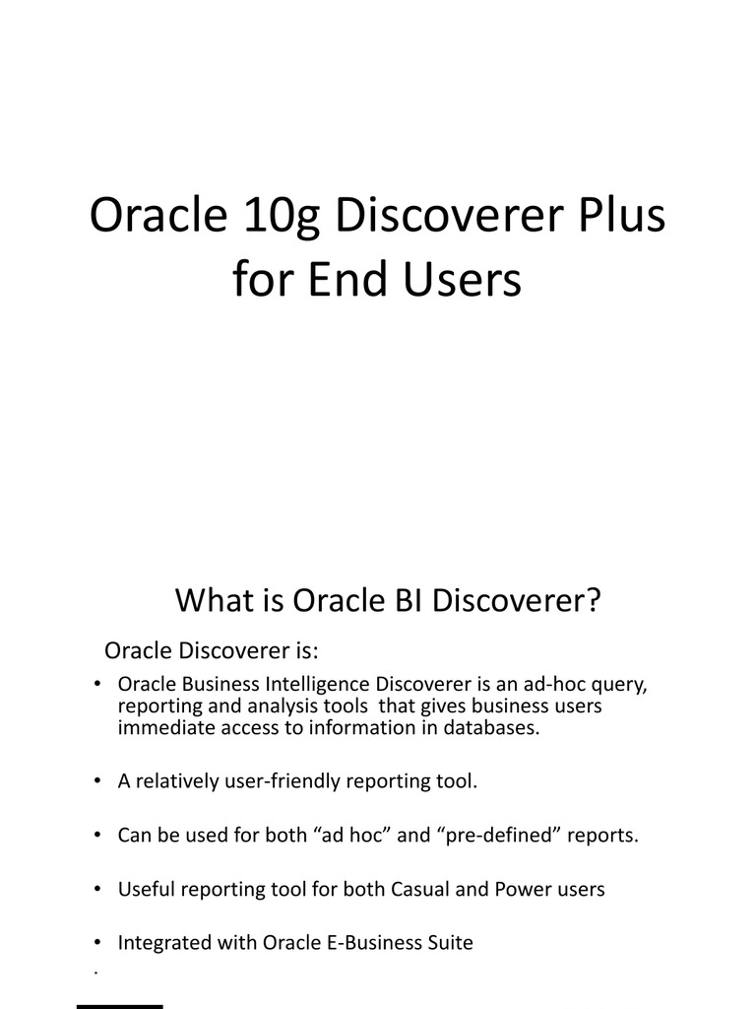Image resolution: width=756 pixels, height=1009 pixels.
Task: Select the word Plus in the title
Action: [617, 216]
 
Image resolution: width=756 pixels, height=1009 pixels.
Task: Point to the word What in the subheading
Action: [211, 600]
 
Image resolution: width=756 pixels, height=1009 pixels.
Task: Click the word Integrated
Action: [160, 943]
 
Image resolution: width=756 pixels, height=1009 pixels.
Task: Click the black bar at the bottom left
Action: [120, 1006]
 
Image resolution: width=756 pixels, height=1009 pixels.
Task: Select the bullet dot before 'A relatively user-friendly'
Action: [97, 781]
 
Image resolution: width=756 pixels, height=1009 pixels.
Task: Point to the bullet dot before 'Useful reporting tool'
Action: [97, 889]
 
